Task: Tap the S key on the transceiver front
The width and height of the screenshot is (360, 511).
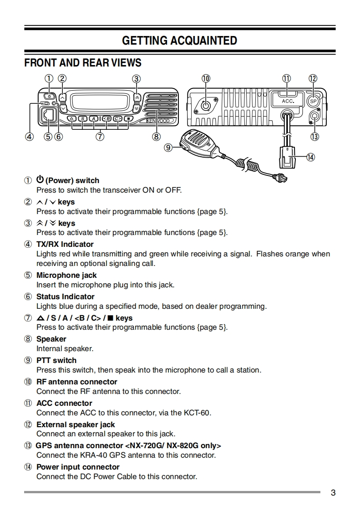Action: tap(82, 119)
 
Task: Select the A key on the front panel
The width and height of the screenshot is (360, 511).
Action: tap(94, 119)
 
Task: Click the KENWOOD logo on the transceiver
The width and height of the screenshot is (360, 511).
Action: tap(157, 121)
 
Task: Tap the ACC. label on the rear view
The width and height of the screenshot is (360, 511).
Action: tap(288, 101)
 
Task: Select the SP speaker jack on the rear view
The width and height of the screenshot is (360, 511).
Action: tap(313, 101)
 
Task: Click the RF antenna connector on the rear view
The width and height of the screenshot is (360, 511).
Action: tap(206, 106)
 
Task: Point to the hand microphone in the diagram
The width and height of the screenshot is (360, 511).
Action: tap(198, 141)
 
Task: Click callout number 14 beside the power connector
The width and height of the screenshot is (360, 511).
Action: tap(310, 157)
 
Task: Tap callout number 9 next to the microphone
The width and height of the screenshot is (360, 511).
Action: tap(168, 147)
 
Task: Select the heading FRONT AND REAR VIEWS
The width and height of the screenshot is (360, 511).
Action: tap(83, 62)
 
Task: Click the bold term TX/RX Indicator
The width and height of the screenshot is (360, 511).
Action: tap(65, 244)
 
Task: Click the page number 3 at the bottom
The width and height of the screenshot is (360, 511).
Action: tap(333, 493)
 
